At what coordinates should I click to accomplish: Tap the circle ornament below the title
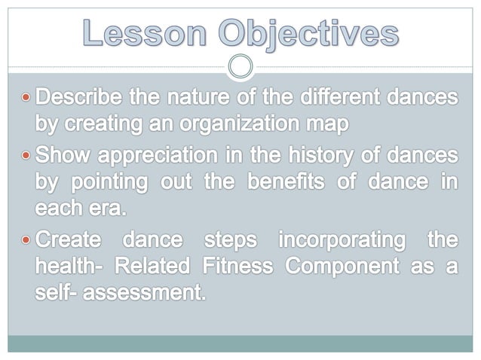[x=240, y=67]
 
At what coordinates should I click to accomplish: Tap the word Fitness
[x=231, y=267]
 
